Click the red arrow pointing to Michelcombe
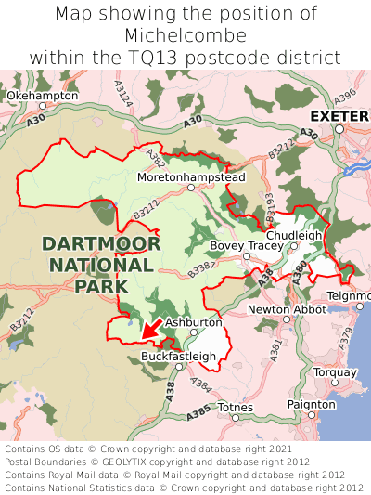(151, 328)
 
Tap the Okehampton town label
(42, 96)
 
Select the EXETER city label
(339, 116)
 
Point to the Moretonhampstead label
(191, 176)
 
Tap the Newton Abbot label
(287, 308)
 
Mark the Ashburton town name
(194, 322)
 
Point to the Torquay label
(335, 372)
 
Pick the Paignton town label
(312, 405)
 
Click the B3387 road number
(201, 270)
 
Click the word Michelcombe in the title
(185, 35)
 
